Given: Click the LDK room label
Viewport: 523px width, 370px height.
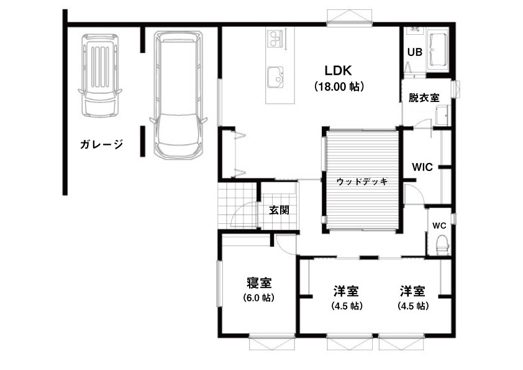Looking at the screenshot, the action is (x=339, y=70).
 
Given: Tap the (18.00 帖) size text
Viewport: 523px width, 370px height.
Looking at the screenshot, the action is (x=339, y=87).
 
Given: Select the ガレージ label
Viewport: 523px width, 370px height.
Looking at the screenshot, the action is (x=101, y=144).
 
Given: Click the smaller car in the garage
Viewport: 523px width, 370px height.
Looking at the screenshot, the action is (x=100, y=75).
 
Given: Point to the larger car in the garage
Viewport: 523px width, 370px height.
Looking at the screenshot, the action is (x=178, y=95).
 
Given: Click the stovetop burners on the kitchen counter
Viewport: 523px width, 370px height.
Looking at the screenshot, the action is (x=275, y=37).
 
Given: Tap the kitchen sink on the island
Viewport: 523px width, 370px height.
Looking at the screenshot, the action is (x=276, y=77).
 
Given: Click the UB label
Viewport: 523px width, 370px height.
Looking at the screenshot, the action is (x=414, y=52).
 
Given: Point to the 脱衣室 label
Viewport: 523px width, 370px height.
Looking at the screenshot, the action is (x=424, y=98).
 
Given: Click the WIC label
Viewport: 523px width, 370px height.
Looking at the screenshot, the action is (x=422, y=167).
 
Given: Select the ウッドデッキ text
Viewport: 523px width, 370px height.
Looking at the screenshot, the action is (x=362, y=182).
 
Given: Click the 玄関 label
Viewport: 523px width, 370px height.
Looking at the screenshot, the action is (x=279, y=210).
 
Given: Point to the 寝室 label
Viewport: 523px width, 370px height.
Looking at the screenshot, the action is (x=259, y=283).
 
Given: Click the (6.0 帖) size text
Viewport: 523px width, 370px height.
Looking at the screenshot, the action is (x=259, y=297).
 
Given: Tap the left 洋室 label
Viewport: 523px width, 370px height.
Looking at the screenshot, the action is (x=346, y=291).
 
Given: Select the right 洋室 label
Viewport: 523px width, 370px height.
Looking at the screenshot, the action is (x=413, y=291).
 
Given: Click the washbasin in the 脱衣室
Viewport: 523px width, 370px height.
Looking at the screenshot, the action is (x=442, y=116).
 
